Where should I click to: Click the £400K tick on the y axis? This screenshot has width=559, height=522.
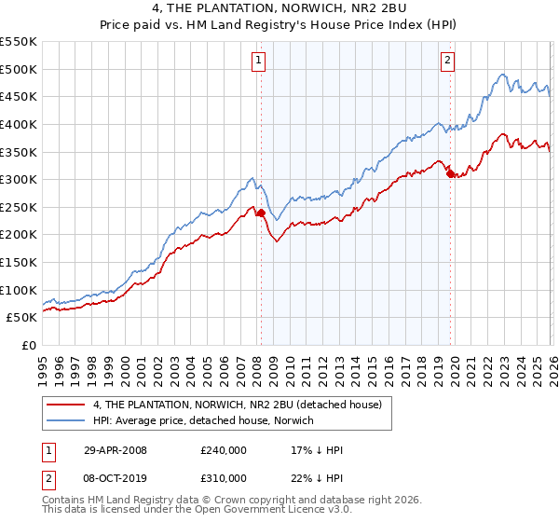(19, 124)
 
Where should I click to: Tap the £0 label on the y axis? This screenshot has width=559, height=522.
(28, 345)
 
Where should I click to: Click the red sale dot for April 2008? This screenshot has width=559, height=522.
(261, 213)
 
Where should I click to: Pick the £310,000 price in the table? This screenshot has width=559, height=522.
(223, 477)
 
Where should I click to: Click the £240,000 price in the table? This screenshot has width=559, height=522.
(223, 450)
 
